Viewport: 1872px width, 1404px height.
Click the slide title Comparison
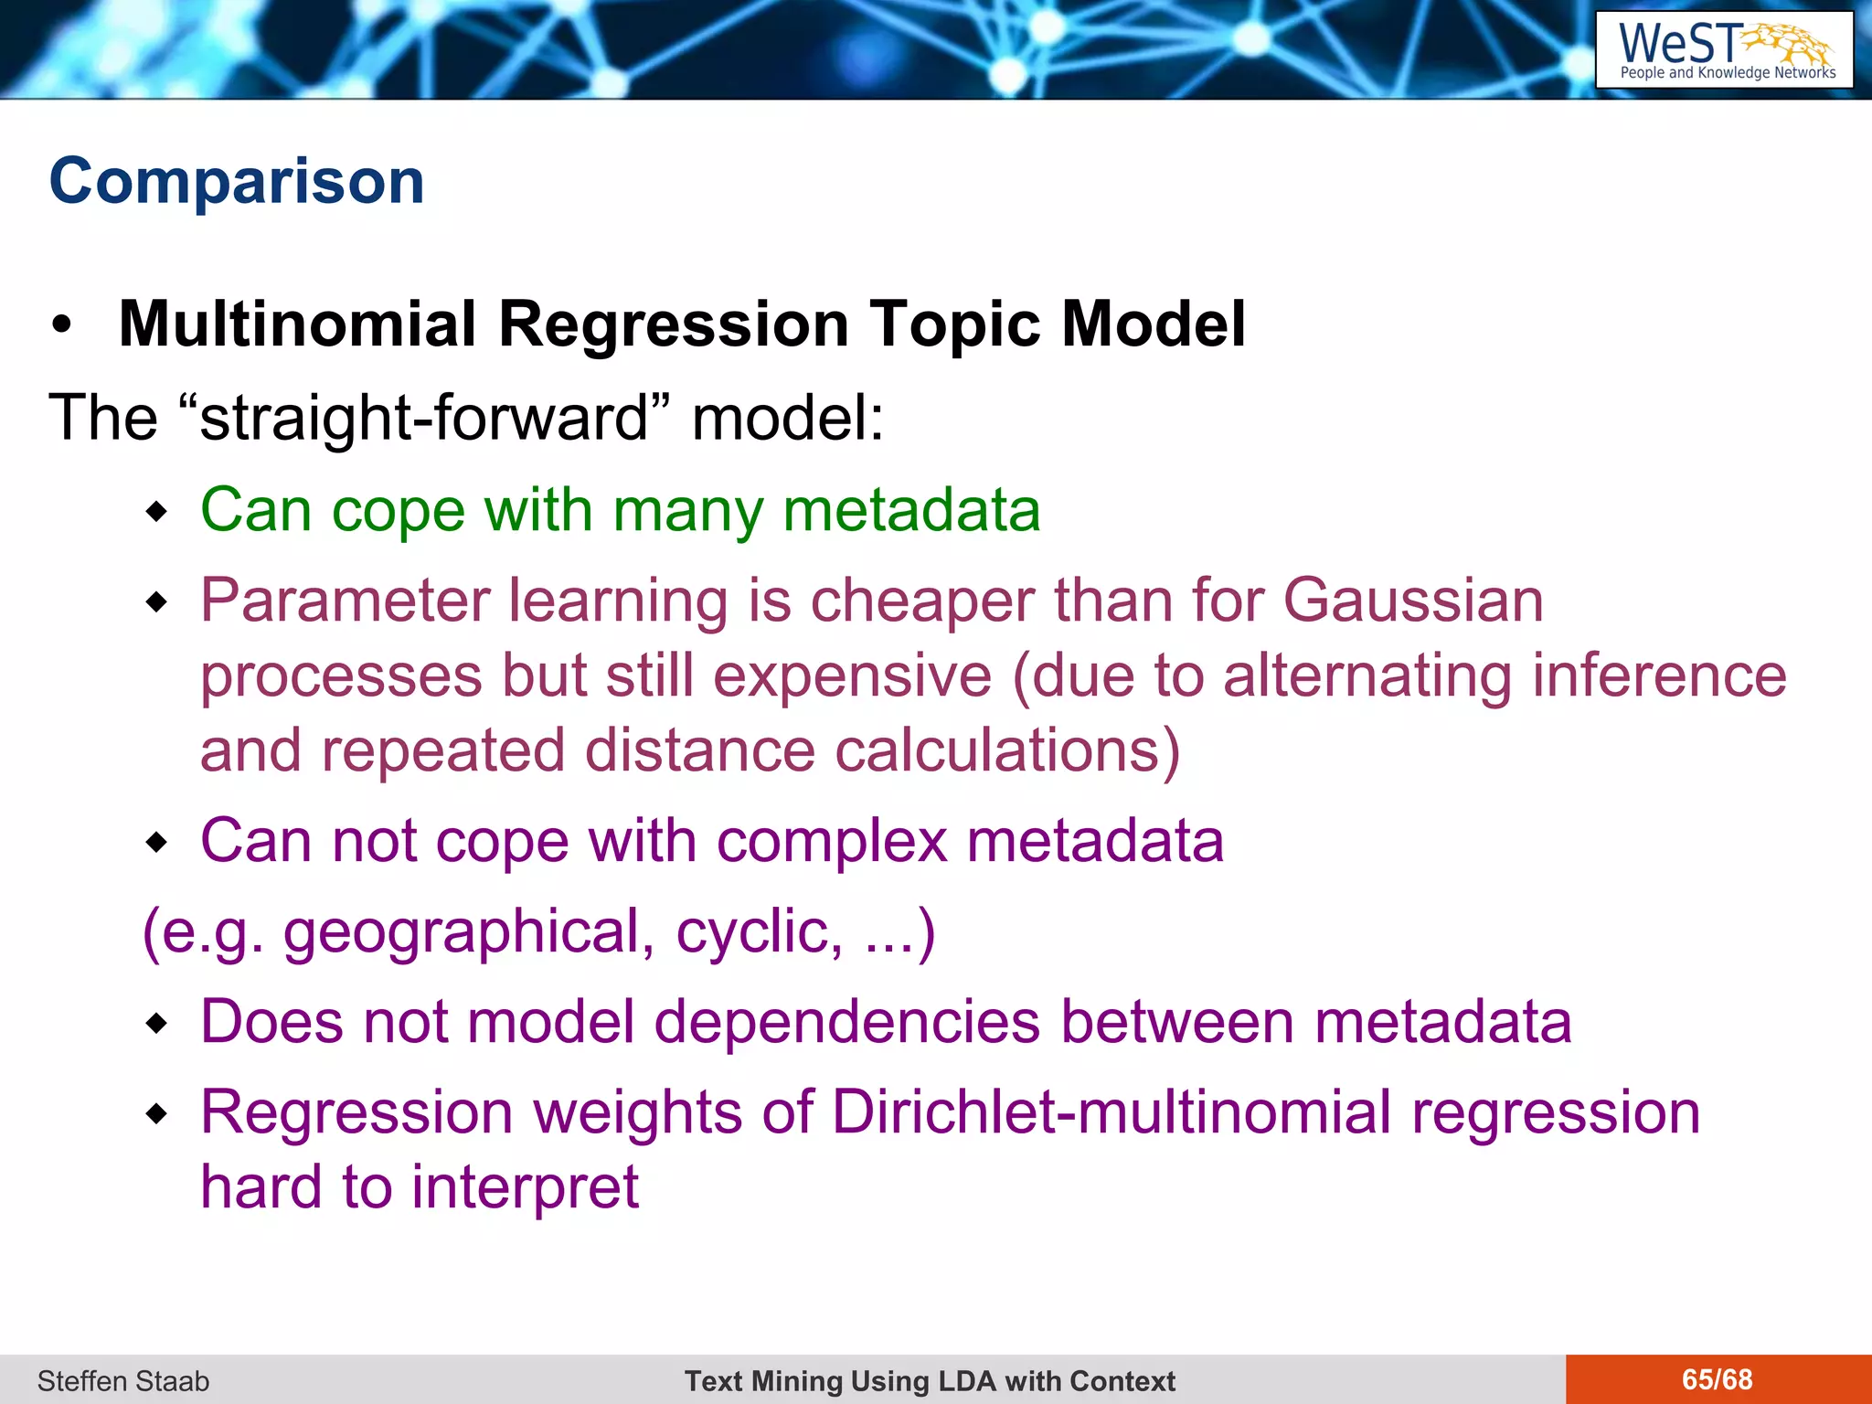click(x=237, y=182)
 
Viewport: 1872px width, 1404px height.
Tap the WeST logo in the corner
click(x=1724, y=50)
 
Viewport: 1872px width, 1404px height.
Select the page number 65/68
click(x=1717, y=1379)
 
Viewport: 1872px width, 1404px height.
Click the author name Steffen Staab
click(x=123, y=1381)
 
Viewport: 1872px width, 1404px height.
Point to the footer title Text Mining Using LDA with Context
click(x=930, y=1381)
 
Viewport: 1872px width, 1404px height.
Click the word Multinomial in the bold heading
click(x=298, y=324)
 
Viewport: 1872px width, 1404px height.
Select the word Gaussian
click(x=1413, y=601)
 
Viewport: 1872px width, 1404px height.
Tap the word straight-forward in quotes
click(x=423, y=418)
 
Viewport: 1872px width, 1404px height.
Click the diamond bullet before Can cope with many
click(x=157, y=512)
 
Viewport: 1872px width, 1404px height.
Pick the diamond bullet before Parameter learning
click(x=157, y=602)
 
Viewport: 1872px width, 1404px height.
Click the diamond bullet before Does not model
click(x=157, y=1024)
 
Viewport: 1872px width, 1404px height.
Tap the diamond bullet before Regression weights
click(x=157, y=1114)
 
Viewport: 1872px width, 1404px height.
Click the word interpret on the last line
click(x=525, y=1188)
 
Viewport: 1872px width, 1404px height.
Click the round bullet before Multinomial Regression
click(x=61, y=326)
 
